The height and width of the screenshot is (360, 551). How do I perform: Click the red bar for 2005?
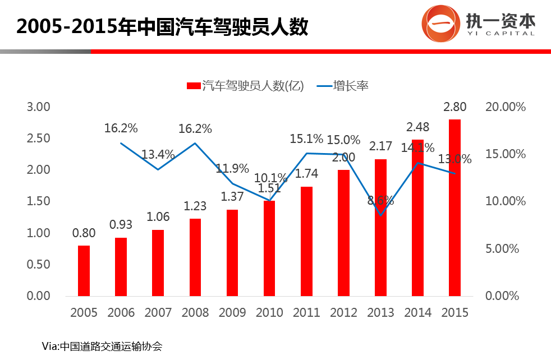(84, 270)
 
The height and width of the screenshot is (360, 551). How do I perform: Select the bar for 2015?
(454, 207)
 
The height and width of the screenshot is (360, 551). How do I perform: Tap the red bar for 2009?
(232, 252)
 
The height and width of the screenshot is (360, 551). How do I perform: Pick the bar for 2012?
(343, 233)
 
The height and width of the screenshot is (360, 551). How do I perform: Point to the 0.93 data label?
(121, 224)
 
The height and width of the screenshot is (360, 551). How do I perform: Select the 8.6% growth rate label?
(380, 200)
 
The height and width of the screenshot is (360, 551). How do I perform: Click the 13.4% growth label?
(158, 154)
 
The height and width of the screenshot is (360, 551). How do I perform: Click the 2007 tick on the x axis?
(158, 312)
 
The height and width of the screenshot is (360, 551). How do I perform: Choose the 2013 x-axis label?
(380, 312)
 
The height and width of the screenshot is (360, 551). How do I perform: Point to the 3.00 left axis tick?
(39, 107)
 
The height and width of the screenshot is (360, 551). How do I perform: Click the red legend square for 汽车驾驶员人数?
(193, 86)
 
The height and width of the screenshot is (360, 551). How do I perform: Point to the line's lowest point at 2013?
(380, 214)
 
